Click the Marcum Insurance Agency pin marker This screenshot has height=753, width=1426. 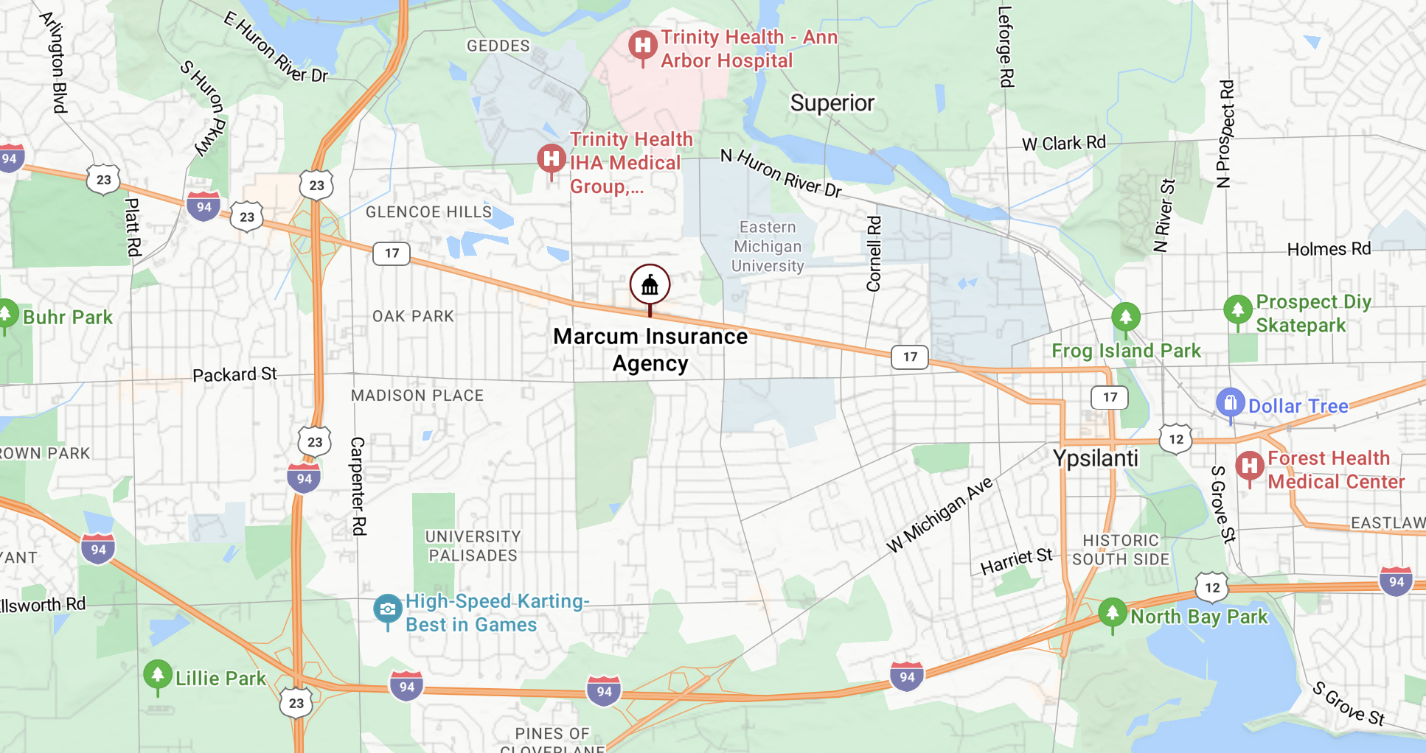[650, 285]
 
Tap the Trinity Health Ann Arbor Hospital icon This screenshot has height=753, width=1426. [642, 46]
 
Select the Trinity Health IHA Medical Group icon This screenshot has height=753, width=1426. [551, 159]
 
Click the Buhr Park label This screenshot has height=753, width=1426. [67, 318]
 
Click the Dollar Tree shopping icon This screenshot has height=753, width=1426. [1230, 403]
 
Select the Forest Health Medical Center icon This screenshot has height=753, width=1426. [1249, 466]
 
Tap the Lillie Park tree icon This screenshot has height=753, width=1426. [157, 675]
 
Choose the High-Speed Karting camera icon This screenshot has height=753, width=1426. [387, 609]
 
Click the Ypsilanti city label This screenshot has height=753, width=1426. [1095, 458]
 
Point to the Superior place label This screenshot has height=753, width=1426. [832, 103]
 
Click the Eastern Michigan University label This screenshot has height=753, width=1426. [767, 247]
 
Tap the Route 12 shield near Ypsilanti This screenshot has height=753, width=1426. [1175, 439]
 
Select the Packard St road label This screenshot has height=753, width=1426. [234, 375]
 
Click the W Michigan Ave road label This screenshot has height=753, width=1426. [939, 515]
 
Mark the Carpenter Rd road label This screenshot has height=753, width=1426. [358, 486]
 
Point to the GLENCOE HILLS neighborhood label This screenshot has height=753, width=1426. [428, 212]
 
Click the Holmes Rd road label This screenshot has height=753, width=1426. [1329, 250]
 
